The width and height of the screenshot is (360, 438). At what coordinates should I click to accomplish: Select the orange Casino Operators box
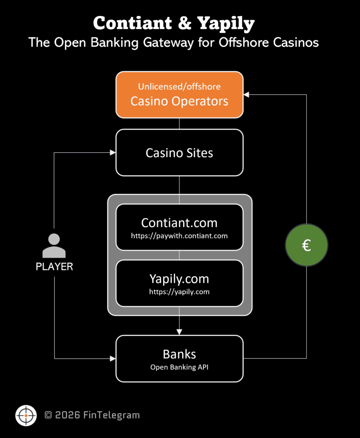point(179,95)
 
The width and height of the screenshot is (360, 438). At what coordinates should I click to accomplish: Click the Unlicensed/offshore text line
point(179,86)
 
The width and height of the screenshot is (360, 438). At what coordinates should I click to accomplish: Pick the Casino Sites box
point(179,153)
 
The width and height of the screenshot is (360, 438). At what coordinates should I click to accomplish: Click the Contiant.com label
point(179,222)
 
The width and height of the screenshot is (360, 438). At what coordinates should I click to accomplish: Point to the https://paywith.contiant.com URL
point(179,236)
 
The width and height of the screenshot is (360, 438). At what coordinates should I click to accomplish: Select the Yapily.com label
point(179,279)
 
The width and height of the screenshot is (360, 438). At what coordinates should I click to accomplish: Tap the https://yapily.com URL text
point(179,292)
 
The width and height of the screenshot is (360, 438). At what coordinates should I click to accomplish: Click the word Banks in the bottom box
point(179,354)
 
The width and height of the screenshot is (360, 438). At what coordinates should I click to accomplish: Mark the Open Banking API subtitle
point(179,367)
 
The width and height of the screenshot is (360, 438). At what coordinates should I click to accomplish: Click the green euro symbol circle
point(306,245)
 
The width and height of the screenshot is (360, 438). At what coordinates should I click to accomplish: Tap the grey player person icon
point(54,246)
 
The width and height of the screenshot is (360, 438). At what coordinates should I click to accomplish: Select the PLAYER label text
point(54,267)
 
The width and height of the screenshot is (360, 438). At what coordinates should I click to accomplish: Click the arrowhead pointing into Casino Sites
point(113,153)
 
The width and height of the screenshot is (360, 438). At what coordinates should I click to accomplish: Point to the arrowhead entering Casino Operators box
point(247,95)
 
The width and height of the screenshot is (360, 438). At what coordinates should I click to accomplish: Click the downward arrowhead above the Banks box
point(179,331)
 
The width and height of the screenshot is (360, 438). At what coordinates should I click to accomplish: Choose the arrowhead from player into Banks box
point(113,358)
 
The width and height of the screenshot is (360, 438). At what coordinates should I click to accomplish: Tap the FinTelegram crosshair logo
point(26,415)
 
